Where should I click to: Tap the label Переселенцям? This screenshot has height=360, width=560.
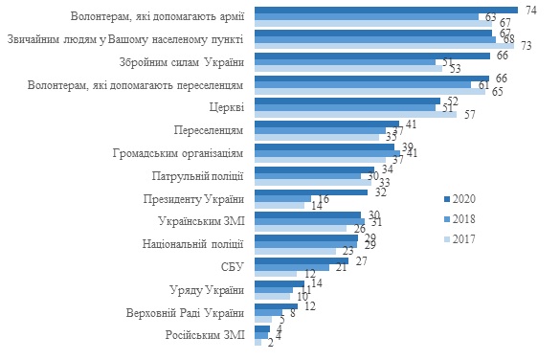(209, 129)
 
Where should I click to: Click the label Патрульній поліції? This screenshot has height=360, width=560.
(197, 175)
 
